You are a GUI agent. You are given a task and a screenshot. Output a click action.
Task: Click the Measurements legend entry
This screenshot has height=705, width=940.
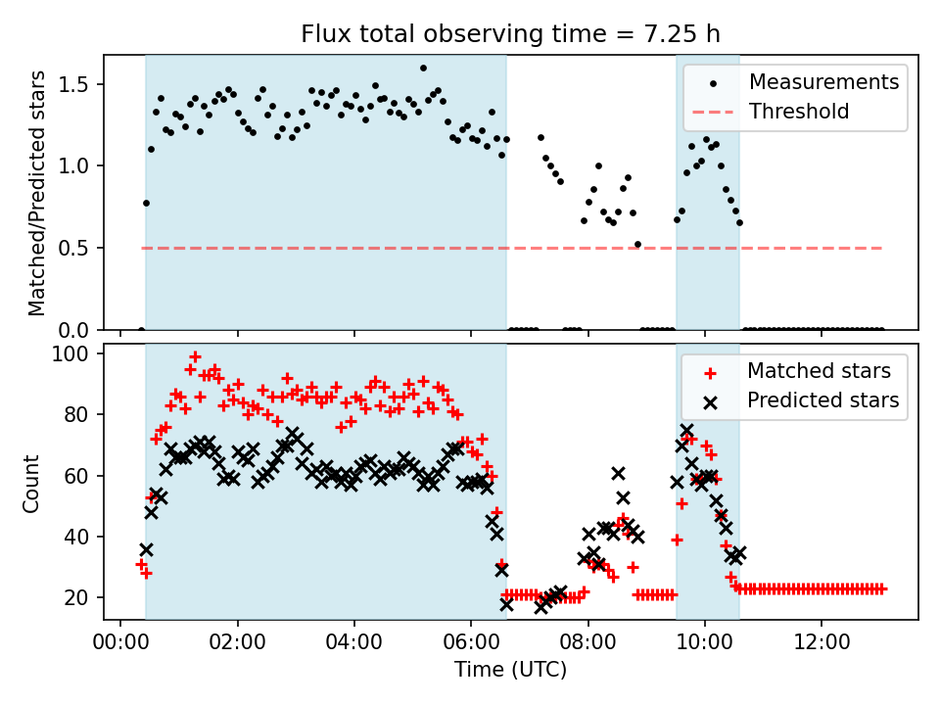823,81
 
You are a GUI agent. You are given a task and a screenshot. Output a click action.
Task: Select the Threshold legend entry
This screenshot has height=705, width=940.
799,111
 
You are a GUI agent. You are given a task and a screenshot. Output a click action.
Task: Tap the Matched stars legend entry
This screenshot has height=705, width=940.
819,371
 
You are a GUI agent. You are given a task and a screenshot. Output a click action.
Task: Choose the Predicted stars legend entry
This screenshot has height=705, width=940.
823,399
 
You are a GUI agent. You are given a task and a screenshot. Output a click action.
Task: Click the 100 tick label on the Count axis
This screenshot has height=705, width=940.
74,353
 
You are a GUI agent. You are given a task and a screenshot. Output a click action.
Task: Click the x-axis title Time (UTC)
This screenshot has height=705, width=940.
510,671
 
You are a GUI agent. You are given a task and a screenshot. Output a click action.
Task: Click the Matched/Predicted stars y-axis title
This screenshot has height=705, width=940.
36,193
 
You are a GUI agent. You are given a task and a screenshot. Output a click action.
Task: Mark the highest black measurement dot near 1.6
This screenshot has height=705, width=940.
423,68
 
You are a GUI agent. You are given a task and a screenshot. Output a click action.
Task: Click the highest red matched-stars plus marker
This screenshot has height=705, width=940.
195,356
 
